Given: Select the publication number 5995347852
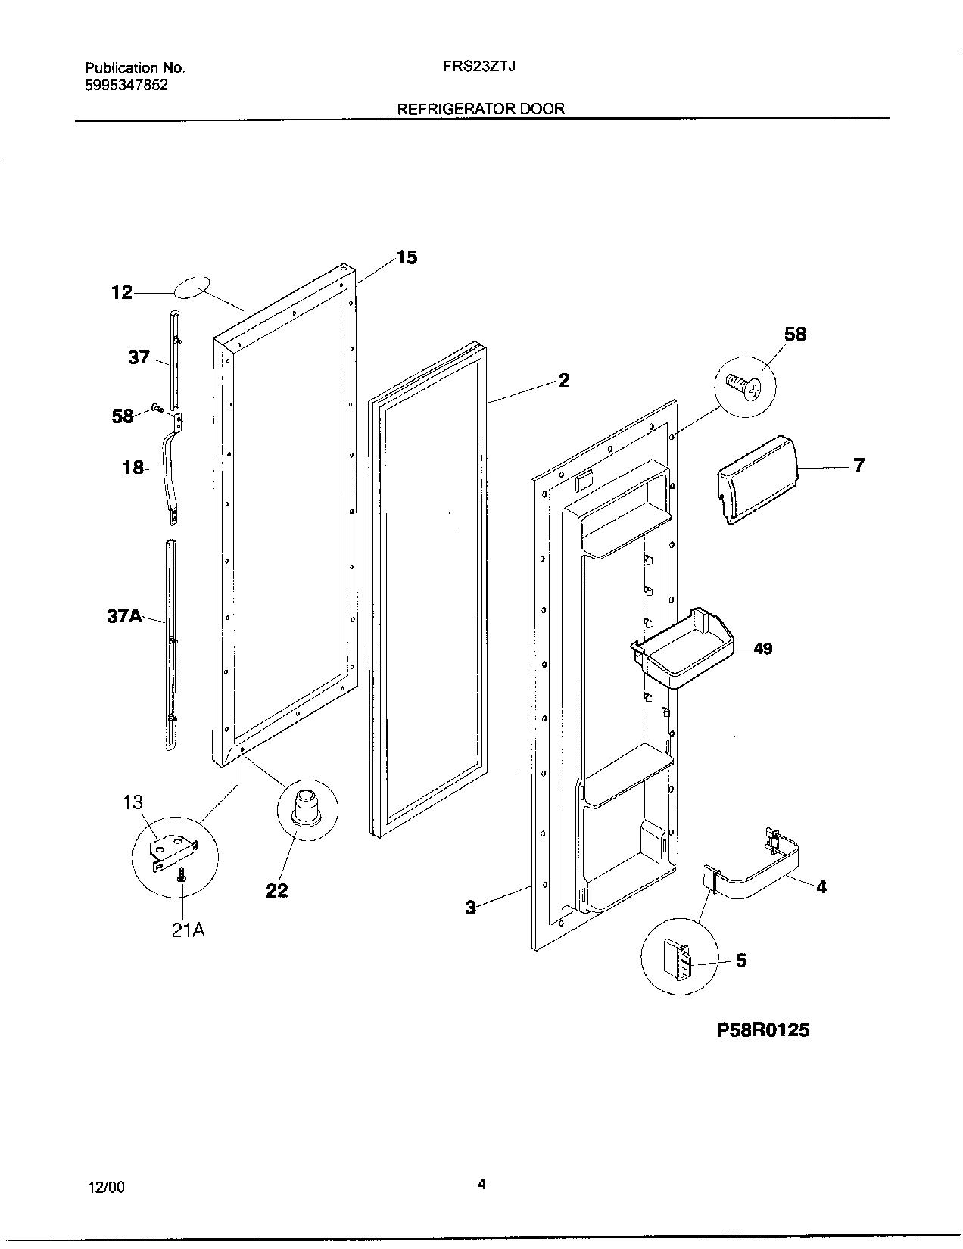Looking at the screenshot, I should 126,85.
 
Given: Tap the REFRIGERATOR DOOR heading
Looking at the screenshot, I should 481,109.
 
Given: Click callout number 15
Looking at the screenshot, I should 407,257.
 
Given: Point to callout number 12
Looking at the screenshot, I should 122,292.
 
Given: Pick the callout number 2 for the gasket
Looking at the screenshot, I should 564,381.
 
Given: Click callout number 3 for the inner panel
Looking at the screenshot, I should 470,907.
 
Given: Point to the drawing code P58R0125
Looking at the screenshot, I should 762,1029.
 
